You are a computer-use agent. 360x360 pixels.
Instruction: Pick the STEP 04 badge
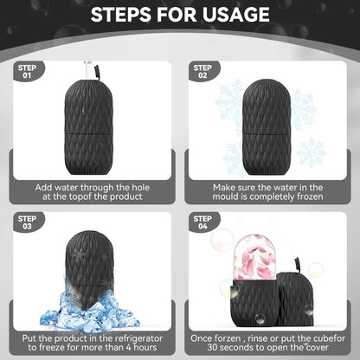202,222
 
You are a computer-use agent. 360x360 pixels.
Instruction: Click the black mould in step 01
90,113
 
